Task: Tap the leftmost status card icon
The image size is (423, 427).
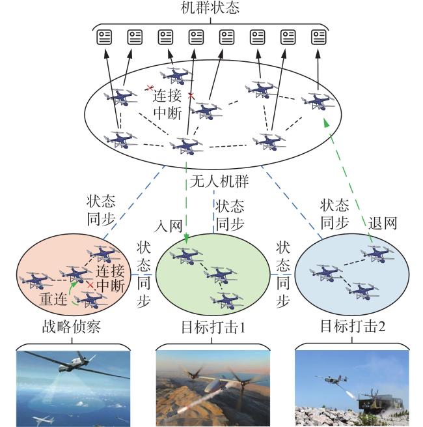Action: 104,37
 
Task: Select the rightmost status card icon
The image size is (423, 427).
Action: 319,37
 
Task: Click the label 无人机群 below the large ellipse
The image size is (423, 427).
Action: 219,181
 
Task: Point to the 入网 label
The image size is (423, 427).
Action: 168,226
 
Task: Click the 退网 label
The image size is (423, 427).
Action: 383,224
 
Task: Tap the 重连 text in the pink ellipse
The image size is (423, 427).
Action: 53,299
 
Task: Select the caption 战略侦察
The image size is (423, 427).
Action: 72,327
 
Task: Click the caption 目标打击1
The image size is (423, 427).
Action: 213,327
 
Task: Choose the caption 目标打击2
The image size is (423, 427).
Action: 353,326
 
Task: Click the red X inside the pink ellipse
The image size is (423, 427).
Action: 90,286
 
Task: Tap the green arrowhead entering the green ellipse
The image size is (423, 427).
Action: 186,239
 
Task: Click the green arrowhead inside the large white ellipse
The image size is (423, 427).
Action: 326,123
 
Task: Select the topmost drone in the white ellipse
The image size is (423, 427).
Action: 177,76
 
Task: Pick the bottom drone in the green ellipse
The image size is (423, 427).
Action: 226,300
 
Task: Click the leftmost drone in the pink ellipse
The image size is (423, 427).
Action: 36,280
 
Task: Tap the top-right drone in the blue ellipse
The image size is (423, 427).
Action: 377,254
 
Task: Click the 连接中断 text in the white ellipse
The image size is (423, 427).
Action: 167,105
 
